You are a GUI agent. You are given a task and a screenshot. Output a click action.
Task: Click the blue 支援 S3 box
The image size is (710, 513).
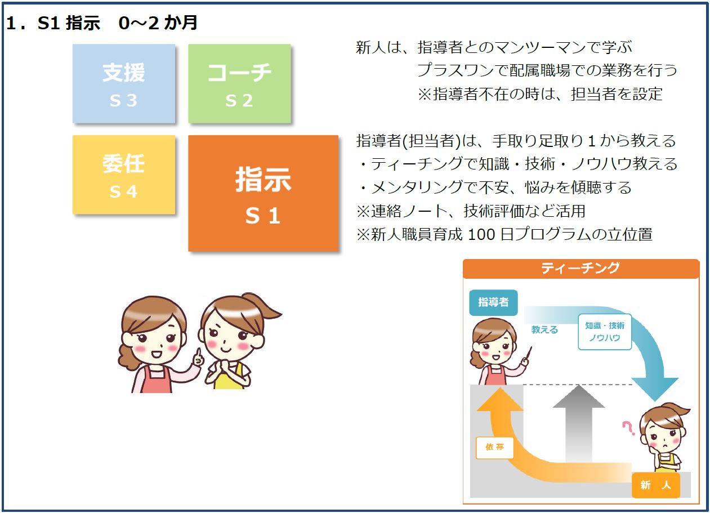point(124,83)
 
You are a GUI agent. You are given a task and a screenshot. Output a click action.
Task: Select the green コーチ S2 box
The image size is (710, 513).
point(239,83)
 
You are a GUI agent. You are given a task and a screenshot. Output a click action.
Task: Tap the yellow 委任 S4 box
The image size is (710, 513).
point(124,175)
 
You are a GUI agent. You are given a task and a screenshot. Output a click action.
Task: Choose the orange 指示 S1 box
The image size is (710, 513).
point(263,193)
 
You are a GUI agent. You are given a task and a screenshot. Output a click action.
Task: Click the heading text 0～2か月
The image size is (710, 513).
point(158,23)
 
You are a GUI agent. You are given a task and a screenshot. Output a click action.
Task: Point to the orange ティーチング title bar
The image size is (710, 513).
point(580,269)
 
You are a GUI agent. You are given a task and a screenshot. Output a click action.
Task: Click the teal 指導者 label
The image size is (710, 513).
point(493,302)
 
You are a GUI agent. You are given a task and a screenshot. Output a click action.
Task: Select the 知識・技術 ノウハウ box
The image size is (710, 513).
point(605,332)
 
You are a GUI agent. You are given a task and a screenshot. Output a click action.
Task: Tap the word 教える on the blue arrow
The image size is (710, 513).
point(544,330)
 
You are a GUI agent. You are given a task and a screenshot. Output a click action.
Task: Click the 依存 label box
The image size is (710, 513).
point(494,447)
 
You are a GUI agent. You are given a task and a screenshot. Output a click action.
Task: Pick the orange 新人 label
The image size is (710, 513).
point(655,485)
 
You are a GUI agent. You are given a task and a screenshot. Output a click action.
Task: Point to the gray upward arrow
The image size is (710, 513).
point(579,423)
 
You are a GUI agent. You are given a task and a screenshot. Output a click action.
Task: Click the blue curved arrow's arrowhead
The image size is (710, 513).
point(655,389)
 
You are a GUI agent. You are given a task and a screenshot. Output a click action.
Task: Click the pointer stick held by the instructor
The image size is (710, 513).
point(528,353)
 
